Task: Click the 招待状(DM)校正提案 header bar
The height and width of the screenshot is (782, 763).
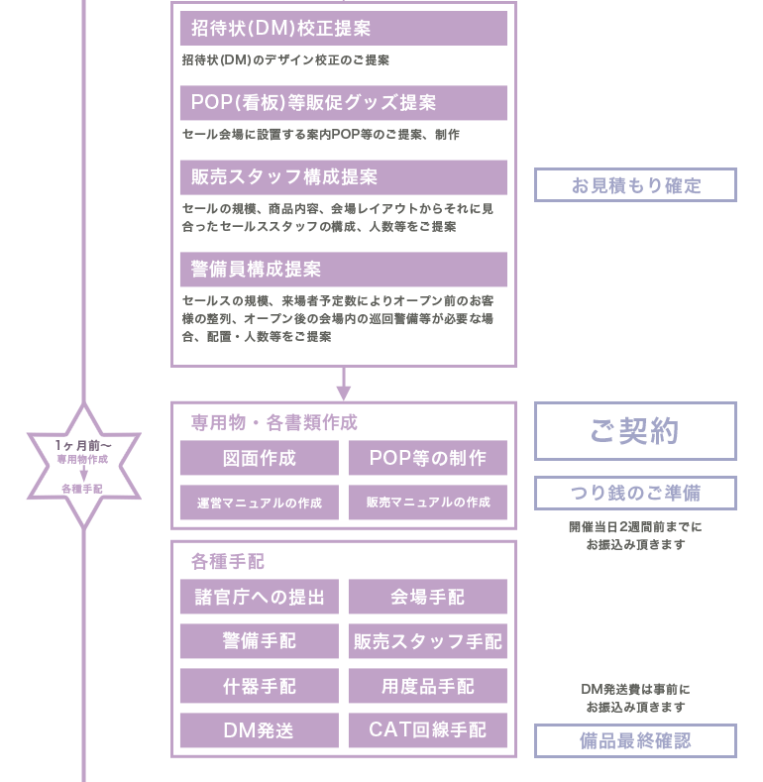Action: (344, 28)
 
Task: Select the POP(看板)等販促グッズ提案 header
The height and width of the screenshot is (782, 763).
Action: (344, 103)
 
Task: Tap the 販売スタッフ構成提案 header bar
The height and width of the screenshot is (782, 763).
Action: (344, 177)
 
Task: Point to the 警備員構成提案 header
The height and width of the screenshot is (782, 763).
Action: (344, 270)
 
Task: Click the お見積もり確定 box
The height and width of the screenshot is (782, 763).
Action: (635, 185)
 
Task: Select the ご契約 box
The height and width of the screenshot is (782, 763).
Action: (635, 431)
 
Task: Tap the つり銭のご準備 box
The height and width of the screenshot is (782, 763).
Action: (635, 493)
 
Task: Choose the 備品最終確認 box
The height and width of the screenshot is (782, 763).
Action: (635, 740)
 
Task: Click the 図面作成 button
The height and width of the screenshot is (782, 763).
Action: (260, 458)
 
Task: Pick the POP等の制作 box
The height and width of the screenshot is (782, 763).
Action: (428, 458)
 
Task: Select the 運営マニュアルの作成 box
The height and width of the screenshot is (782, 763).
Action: (260, 503)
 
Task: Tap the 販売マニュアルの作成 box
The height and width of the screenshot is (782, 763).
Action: (428, 503)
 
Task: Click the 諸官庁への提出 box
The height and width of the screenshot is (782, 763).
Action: (260, 597)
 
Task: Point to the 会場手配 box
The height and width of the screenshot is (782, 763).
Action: (428, 597)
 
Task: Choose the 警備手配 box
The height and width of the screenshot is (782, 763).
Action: (260, 641)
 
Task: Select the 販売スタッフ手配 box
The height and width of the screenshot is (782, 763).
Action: (428, 641)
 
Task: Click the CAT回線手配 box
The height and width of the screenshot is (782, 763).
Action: (428, 730)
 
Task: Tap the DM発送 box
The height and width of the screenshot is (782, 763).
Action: (260, 730)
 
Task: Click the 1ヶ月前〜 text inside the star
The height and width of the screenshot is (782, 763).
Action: (83, 445)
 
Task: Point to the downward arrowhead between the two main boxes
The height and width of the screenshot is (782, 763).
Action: (343, 393)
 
